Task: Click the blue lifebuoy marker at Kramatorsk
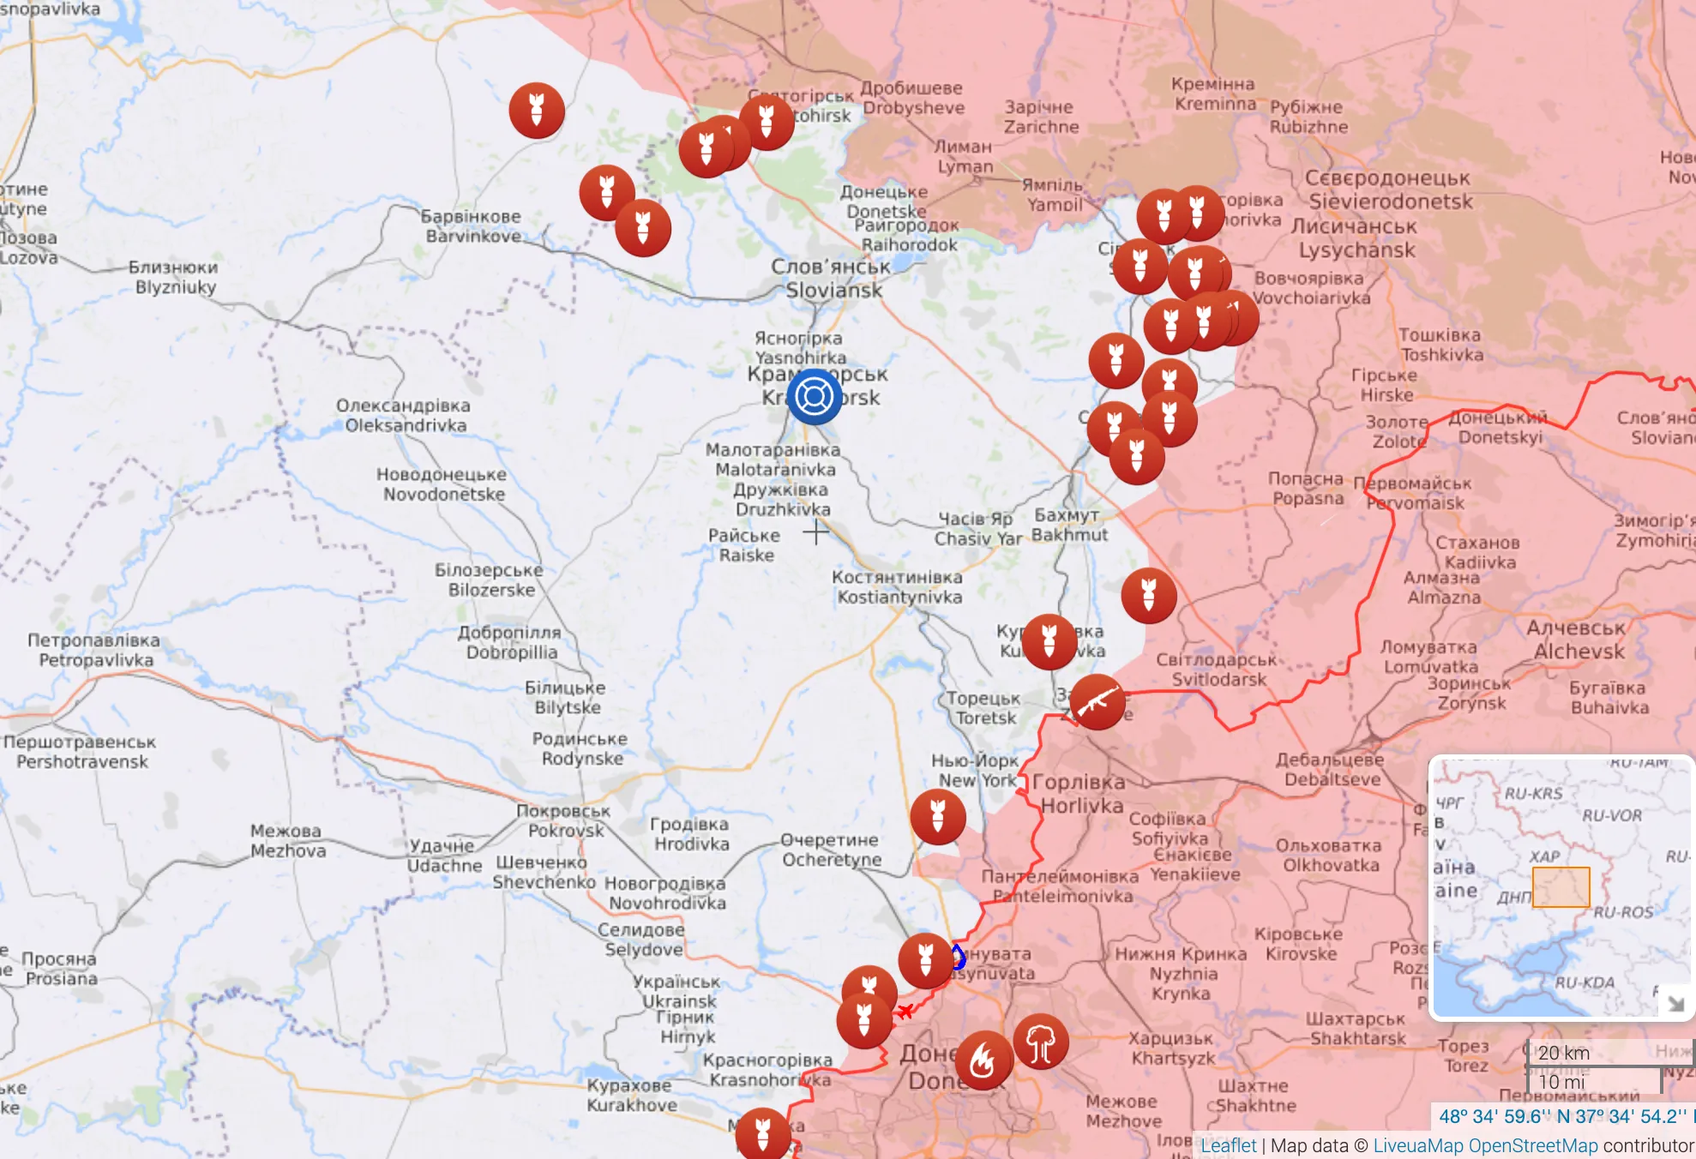click(814, 396)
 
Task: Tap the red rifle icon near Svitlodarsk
click(1097, 702)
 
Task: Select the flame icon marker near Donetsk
click(983, 1061)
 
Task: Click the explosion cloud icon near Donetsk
click(1040, 1042)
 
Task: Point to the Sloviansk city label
click(833, 279)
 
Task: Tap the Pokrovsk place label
click(564, 821)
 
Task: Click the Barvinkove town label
click(472, 226)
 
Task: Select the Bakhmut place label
click(1068, 525)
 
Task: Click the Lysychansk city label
click(1356, 239)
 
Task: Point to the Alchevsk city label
click(1578, 640)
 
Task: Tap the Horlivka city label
click(1080, 794)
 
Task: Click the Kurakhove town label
click(631, 1096)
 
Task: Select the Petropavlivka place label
click(94, 650)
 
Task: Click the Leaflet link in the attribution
click(1228, 1145)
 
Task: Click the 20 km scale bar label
click(1563, 1053)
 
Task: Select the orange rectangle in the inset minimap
click(1561, 886)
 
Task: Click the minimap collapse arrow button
click(1675, 1002)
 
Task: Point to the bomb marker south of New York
click(937, 817)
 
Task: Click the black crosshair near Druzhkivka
click(815, 532)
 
